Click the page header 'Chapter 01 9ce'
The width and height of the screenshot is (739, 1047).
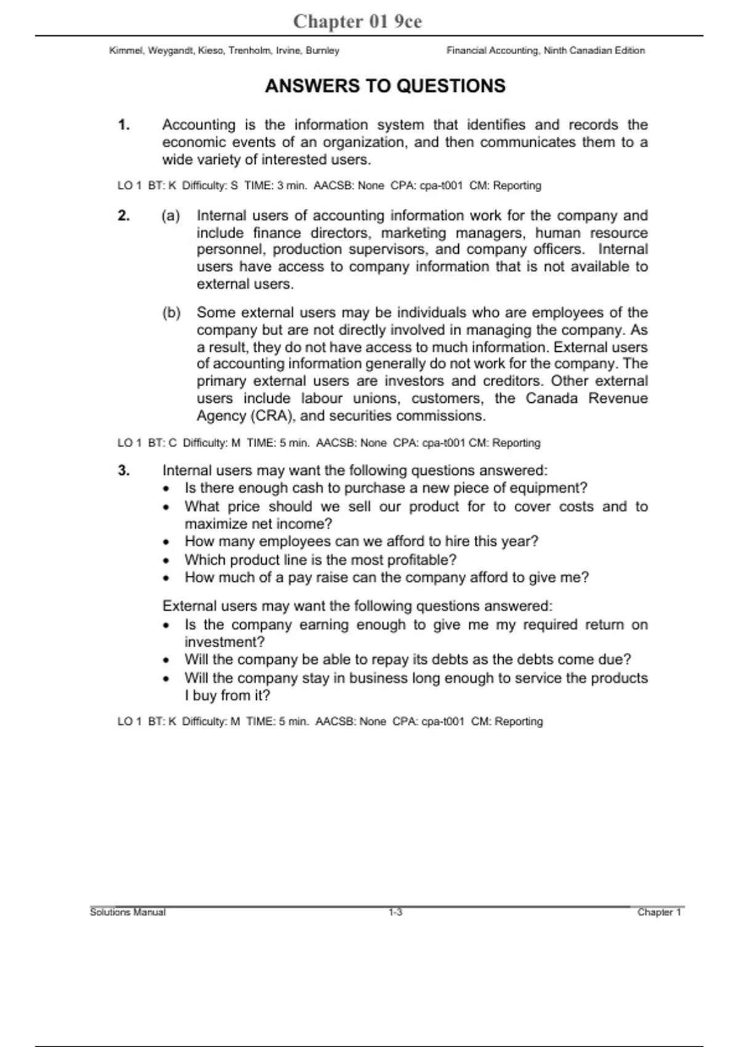click(x=357, y=22)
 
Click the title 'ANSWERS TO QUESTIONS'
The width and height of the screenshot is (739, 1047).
click(x=385, y=86)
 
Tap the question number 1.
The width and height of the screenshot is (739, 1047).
click(x=124, y=125)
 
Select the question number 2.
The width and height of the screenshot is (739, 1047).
click(x=124, y=216)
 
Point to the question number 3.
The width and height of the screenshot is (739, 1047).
click(x=124, y=471)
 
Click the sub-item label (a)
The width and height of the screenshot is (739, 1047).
click(x=171, y=216)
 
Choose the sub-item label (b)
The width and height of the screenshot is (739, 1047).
click(x=171, y=313)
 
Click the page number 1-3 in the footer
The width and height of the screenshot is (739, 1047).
click(x=395, y=912)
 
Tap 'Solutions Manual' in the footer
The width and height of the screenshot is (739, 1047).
click(x=127, y=912)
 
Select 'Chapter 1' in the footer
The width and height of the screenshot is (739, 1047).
click(x=660, y=912)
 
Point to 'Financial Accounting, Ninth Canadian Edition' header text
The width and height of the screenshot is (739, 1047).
click(x=546, y=51)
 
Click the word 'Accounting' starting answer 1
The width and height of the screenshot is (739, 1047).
click(x=198, y=125)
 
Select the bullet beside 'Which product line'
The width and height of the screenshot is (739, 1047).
click(x=166, y=561)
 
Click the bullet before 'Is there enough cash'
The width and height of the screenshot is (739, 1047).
click(x=166, y=489)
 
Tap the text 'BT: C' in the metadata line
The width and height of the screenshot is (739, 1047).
click(x=162, y=443)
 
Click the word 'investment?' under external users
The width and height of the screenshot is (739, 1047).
click(x=224, y=642)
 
